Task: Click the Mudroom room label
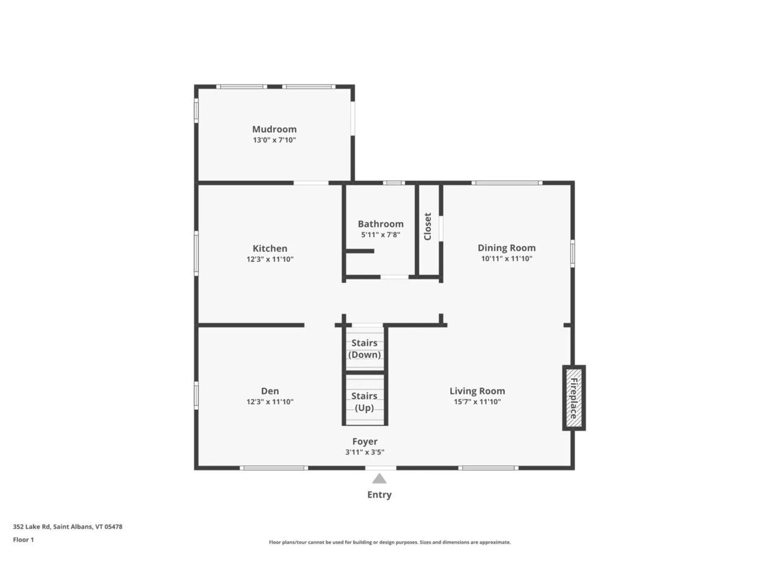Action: [x=274, y=129]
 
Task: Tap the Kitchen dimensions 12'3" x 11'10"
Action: [x=270, y=259]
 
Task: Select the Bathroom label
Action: [x=380, y=224]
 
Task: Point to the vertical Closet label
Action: [x=427, y=227]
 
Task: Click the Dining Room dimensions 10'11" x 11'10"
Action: [x=506, y=259]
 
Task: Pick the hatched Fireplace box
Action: [x=574, y=398]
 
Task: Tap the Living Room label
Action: [x=477, y=391]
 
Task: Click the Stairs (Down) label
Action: [x=364, y=349]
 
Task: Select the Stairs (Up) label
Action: [x=364, y=401]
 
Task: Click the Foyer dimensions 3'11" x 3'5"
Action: [x=364, y=452]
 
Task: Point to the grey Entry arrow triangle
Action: [x=379, y=479]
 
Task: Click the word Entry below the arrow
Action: [x=379, y=494]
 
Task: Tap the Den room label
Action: [x=270, y=391]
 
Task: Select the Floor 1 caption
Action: [x=23, y=539]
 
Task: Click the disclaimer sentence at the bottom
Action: [x=390, y=542]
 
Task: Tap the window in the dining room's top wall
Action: [x=507, y=183]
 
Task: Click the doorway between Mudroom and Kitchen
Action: [x=311, y=183]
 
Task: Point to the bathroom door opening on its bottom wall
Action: [x=394, y=277]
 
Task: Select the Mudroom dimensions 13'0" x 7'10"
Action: [x=274, y=140]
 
